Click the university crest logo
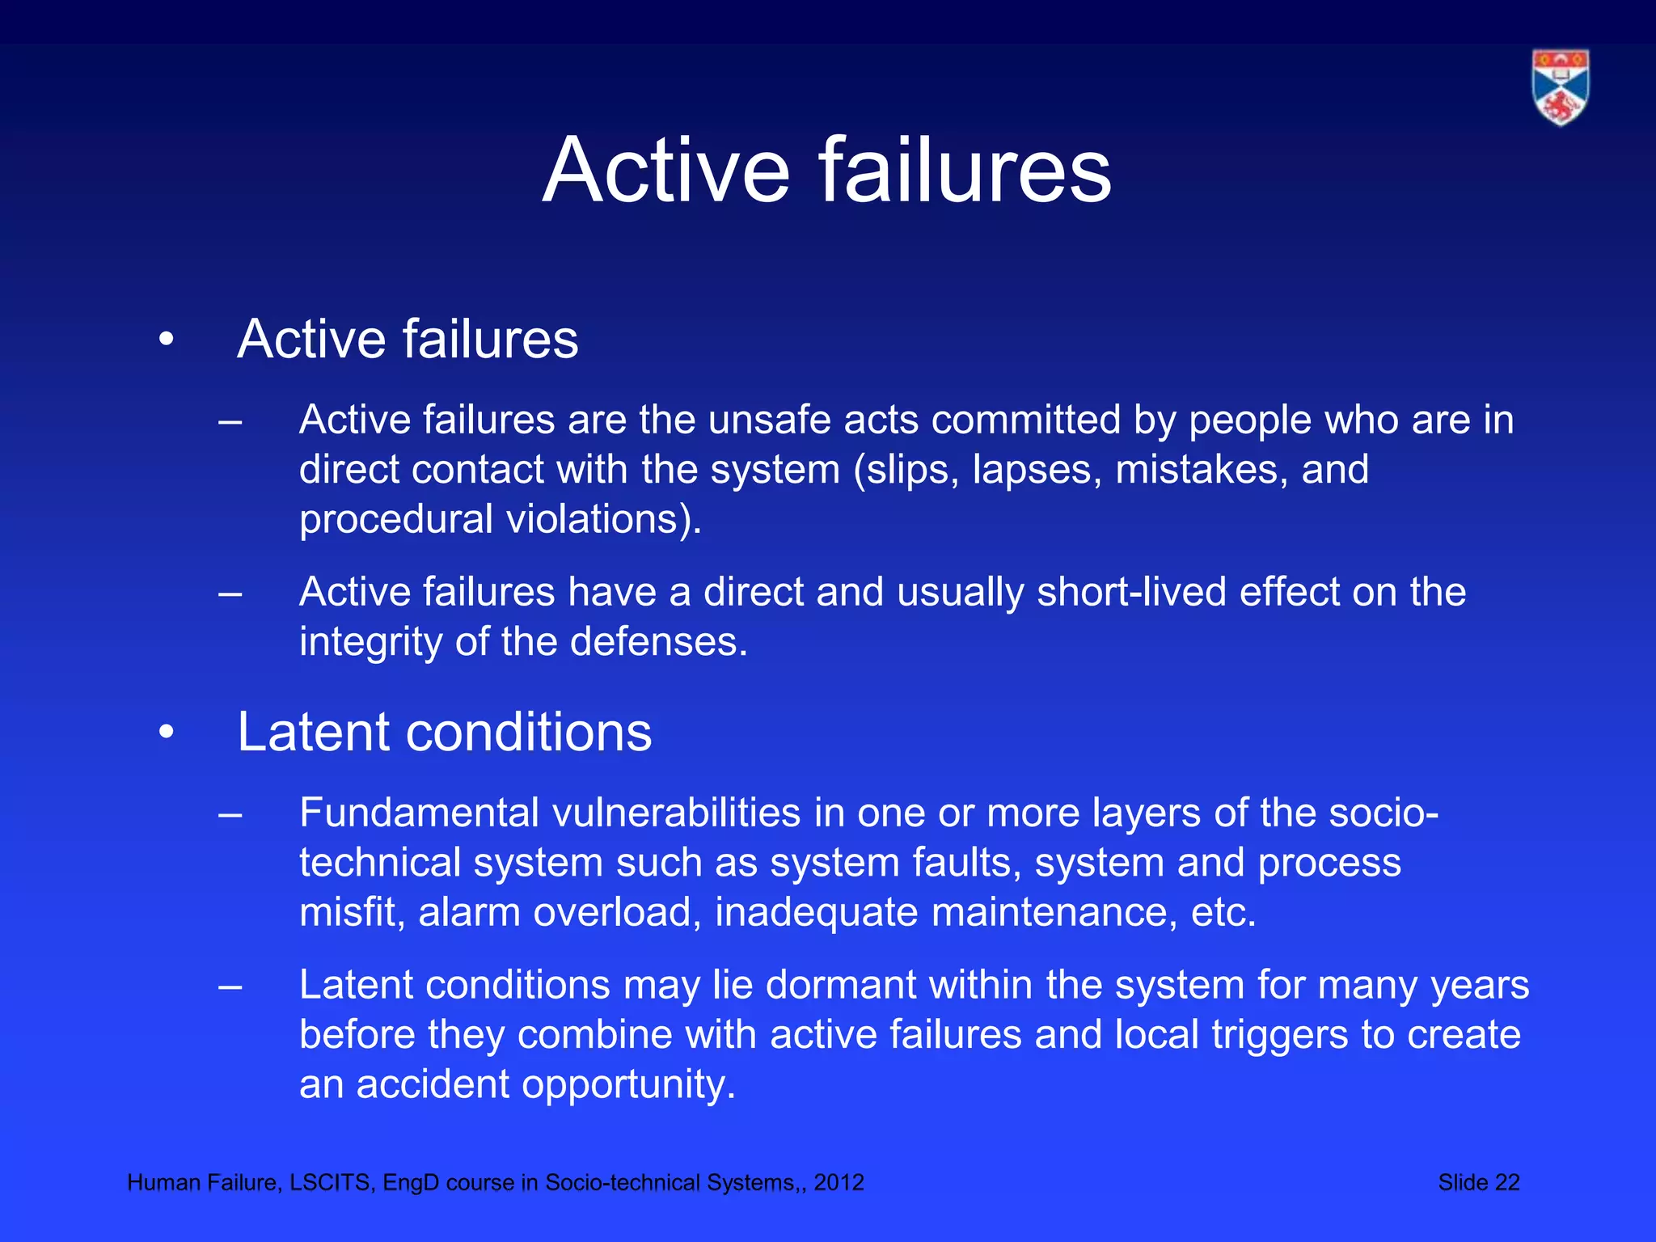click(1560, 87)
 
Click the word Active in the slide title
click(665, 171)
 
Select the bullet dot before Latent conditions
click(167, 733)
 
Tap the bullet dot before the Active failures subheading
click(167, 340)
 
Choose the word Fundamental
click(419, 813)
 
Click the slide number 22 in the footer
click(1506, 1183)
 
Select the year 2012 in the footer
click(839, 1183)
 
